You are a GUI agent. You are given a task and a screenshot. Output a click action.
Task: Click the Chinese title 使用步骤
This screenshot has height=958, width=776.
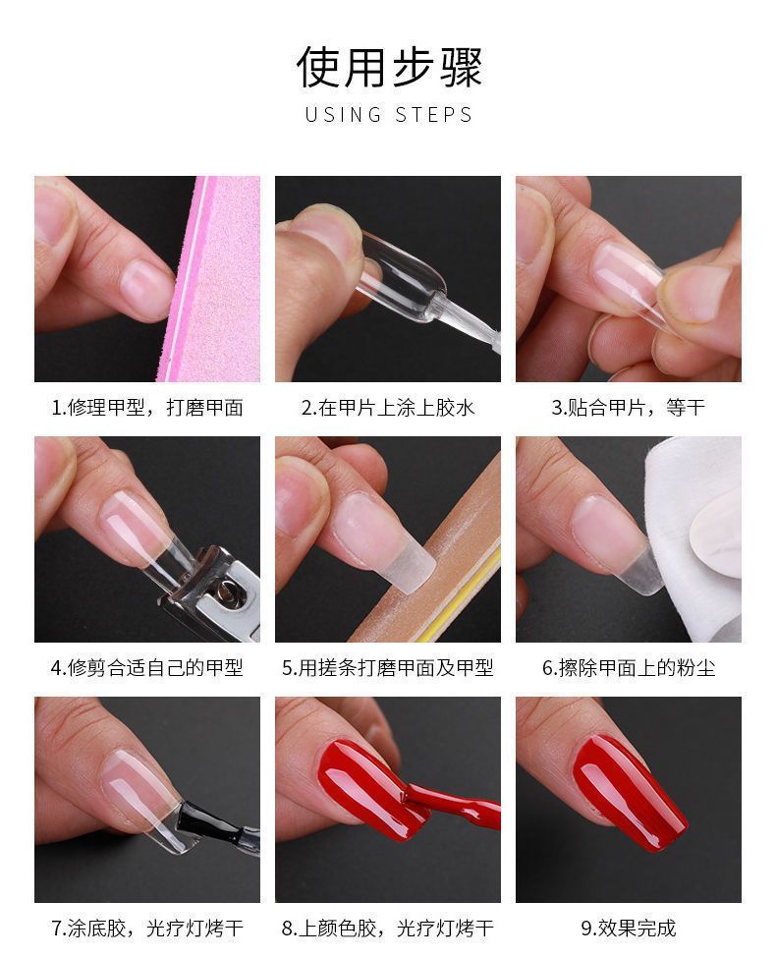pos(389,66)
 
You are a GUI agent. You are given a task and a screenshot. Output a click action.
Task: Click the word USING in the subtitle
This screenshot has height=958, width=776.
pos(344,115)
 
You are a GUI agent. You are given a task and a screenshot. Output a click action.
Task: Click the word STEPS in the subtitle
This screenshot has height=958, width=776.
pos(433,115)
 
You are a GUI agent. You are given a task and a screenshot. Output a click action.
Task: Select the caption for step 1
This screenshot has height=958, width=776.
pos(147,408)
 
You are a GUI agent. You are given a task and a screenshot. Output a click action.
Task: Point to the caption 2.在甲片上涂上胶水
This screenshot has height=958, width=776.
pos(388,408)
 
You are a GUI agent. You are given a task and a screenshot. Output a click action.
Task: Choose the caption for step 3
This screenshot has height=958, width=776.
pos(628,408)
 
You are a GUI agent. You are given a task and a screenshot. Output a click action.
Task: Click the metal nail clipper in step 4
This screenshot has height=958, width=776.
pos(211,592)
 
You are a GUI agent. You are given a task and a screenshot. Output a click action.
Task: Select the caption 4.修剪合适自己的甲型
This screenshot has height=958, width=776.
pos(147,668)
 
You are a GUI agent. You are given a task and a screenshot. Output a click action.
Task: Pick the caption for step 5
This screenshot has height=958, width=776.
pos(388,668)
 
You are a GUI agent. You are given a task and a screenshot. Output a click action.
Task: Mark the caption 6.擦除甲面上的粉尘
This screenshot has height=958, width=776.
pos(628,668)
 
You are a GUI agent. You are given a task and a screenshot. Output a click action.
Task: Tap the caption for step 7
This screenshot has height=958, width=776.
pos(147,929)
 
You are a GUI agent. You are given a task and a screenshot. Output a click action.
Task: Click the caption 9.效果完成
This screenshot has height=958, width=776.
pos(628,929)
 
